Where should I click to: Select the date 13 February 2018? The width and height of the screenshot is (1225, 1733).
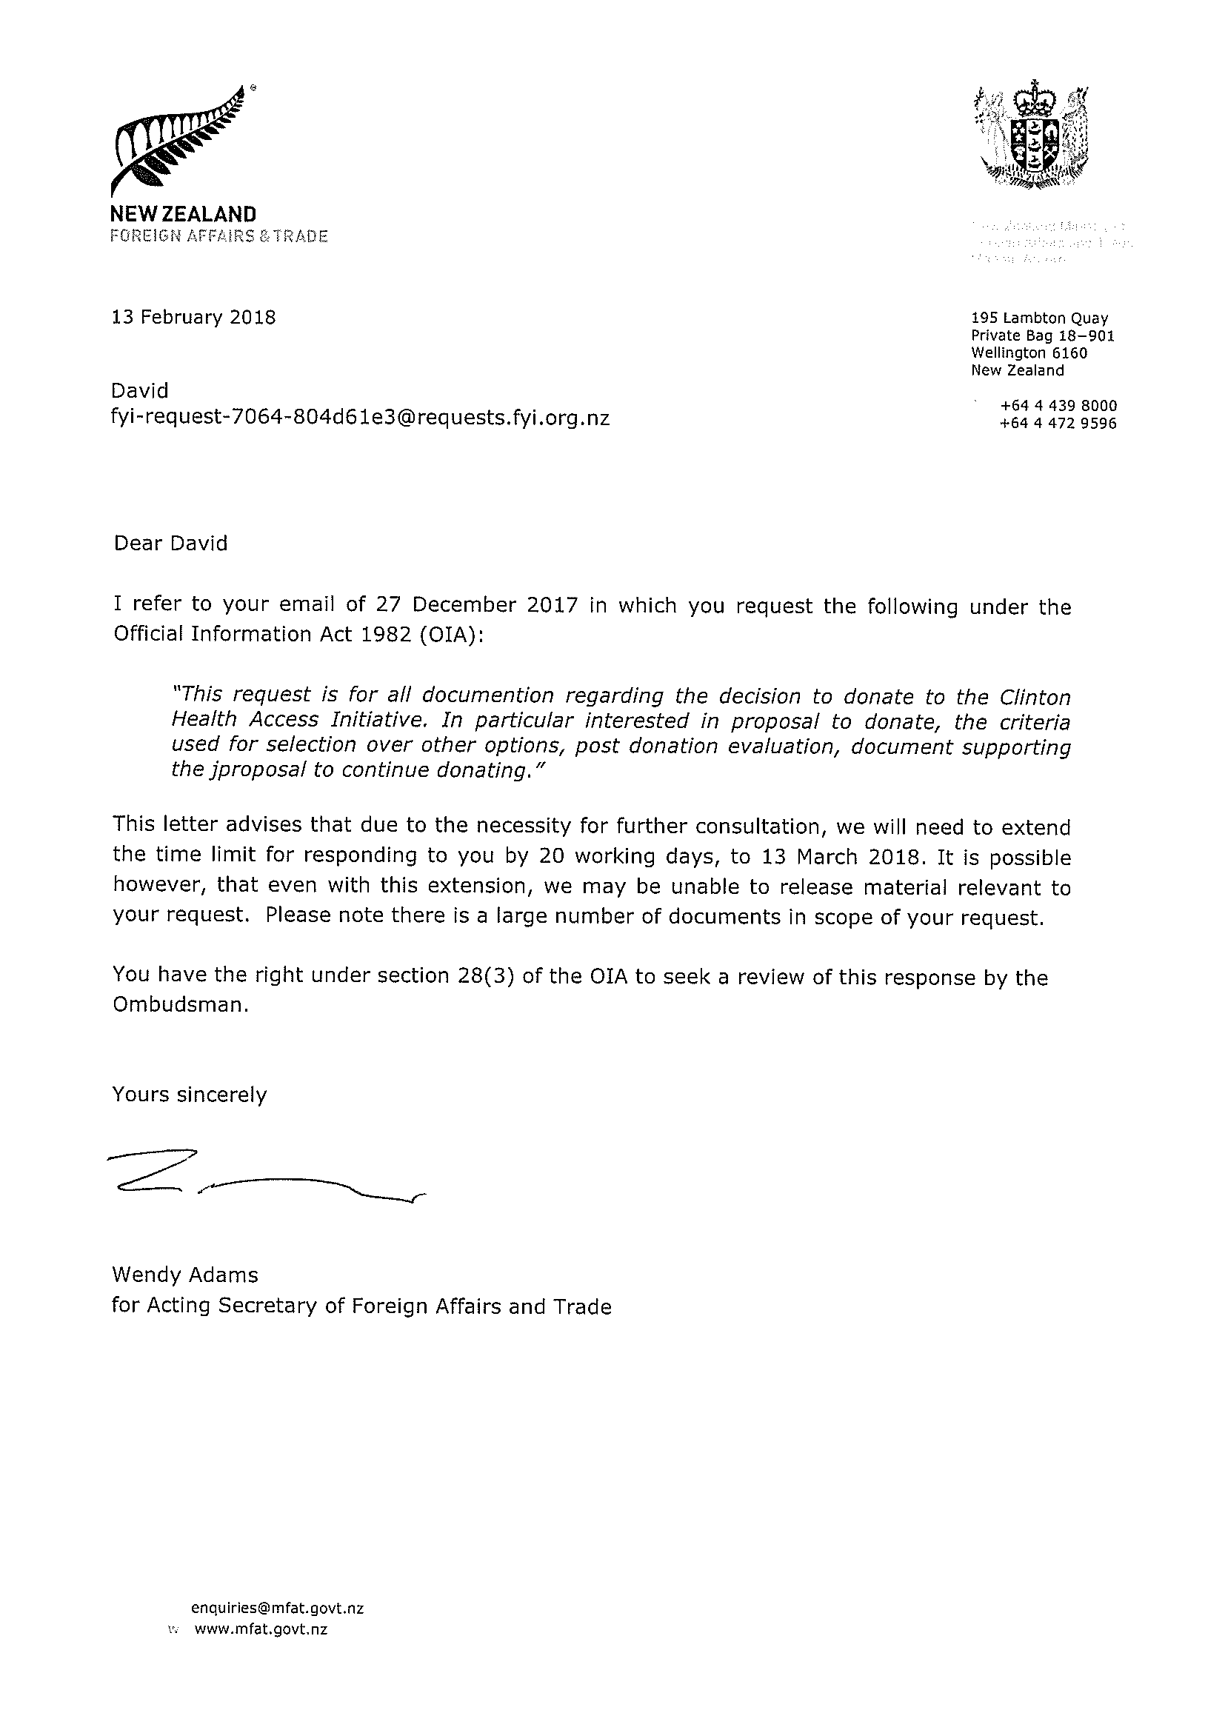click(194, 317)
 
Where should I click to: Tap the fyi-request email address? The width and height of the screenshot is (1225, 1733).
click(360, 418)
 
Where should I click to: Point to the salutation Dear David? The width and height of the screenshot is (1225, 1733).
click(170, 544)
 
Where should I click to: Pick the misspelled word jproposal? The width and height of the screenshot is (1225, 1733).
click(250, 770)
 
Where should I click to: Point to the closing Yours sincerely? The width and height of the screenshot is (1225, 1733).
click(190, 1095)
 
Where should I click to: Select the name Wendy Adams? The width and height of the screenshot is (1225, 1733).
click(185, 1275)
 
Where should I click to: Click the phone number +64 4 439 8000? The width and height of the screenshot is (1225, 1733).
click(1058, 406)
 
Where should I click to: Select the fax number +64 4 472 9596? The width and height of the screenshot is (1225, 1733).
click(1058, 424)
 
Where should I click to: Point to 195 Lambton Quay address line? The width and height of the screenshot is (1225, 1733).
click(1039, 318)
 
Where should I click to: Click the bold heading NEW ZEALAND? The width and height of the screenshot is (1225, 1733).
click(184, 214)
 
